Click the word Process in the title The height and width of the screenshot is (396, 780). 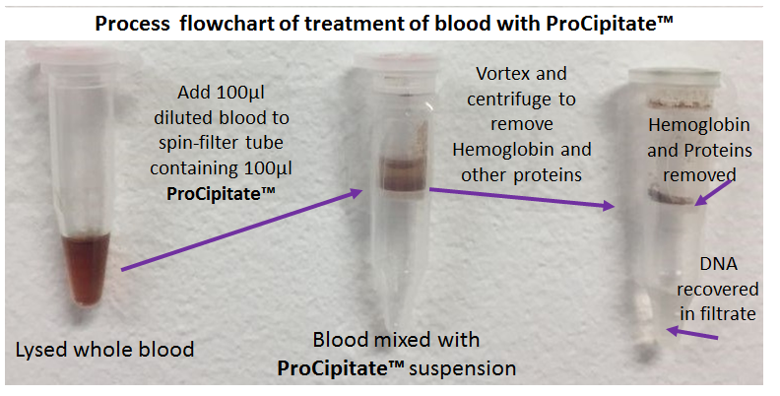click(x=132, y=24)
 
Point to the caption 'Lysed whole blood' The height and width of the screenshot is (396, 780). click(x=104, y=350)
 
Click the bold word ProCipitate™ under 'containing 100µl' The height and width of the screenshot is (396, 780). click(x=221, y=193)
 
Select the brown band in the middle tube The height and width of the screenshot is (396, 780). click(x=404, y=173)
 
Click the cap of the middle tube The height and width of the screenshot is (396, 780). click(x=397, y=62)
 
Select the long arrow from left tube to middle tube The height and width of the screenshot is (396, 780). click(x=242, y=230)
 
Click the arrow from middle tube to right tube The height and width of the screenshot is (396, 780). click(x=523, y=197)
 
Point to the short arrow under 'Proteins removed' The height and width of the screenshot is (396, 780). click(x=714, y=192)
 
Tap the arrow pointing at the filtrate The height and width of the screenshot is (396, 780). click(x=691, y=333)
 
